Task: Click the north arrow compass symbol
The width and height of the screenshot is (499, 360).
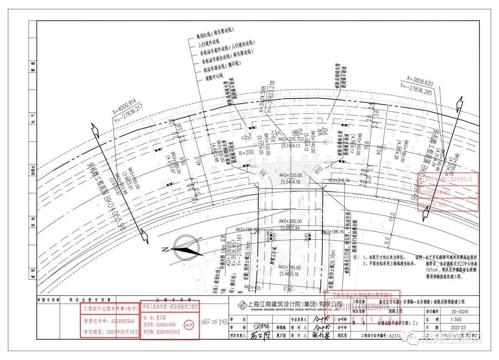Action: pos(184,245)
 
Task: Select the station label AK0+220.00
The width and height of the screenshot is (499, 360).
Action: pos(290,176)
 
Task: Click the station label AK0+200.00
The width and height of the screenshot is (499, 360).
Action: pos(290,221)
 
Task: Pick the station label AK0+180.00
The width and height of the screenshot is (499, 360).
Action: pos(290,267)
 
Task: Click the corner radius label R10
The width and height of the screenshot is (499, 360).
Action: pos(318,171)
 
